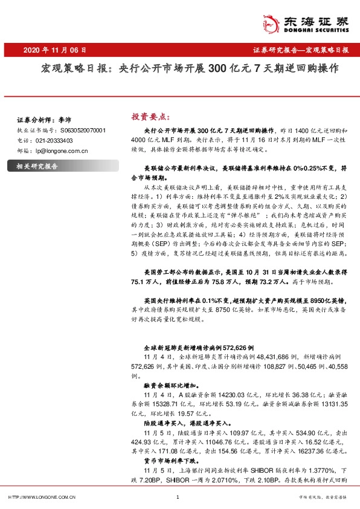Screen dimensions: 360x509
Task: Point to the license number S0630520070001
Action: [x=83, y=130]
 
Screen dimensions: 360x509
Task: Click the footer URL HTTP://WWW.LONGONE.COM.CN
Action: [x=41, y=497]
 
